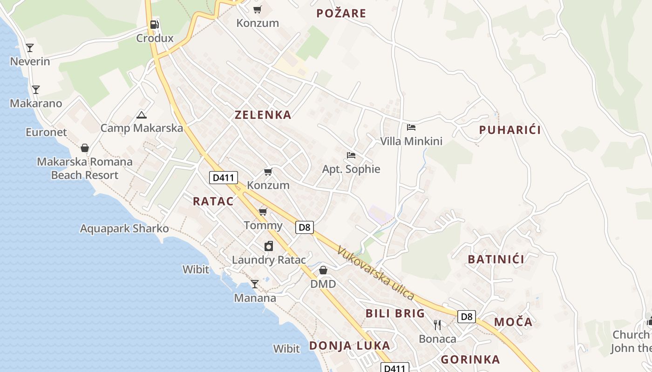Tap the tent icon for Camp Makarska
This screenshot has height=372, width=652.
click(142, 115)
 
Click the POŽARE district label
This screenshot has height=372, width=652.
click(341, 13)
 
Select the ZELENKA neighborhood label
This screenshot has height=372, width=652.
click(263, 115)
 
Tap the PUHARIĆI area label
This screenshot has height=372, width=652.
click(510, 130)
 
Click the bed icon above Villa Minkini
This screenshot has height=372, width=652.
click(411, 127)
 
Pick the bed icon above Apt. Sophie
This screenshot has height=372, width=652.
click(351, 155)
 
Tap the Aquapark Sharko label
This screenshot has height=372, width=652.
click(124, 229)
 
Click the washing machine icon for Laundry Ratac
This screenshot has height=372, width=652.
click(269, 246)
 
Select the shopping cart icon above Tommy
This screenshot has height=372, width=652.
click(263, 212)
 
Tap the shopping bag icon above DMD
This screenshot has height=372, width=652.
click(323, 270)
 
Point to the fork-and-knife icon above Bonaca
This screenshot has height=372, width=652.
click(437, 325)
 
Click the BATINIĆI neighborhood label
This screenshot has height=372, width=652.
click(496, 259)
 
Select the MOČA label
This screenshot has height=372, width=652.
click(513, 322)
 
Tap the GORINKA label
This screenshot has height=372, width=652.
click(470, 359)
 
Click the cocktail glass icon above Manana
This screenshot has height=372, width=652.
click(255, 284)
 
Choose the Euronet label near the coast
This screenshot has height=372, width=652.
click(46, 133)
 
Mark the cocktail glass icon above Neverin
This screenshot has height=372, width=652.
click(30, 47)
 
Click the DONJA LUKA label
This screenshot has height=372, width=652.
click(349, 345)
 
